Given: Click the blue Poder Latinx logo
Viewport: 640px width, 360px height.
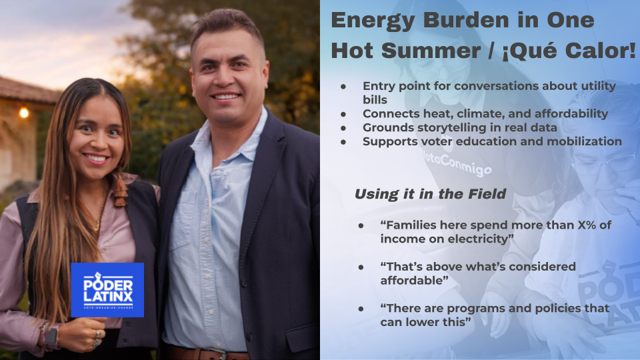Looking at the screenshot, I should tap(107, 289).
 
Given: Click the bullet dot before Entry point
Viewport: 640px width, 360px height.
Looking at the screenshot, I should tap(343, 87).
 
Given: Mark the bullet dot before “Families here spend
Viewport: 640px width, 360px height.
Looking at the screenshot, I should tap(361, 225).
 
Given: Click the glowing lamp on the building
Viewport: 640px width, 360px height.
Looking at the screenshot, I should tap(24, 113).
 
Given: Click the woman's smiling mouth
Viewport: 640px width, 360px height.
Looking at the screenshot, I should tap(96, 159).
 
